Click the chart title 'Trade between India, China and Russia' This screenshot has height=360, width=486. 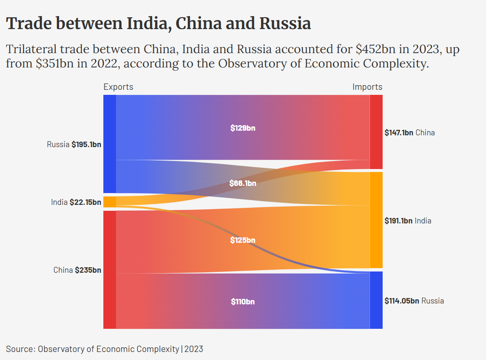pyautogui.click(x=159, y=24)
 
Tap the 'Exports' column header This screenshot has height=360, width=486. pyautogui.click(x=118, y=87)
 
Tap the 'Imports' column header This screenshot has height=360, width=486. pyautogui.click(x=367, y=87)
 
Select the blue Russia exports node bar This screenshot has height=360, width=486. pyautogui.click(x=109, y=144)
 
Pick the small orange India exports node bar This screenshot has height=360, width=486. pyautogui.click(x=109, y=202)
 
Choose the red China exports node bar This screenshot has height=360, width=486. pyautogui.click(x=109, y=269)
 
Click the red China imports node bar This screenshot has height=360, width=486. pyautogui.click(x=376, y=132)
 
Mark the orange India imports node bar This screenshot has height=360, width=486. pyautogui.click(x=376, y=220)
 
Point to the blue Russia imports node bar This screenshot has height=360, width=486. pyautogui.click(x=376, y=300)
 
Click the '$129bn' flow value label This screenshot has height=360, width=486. pyautogui.click(x=243, y=128)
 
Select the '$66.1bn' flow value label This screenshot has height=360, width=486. pyautogui.click(x=243, y=183)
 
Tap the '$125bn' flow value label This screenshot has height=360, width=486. pyautogui.click(x=243, y=240)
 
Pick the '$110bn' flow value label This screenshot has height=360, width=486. pyautogui.click(x=243, y=302)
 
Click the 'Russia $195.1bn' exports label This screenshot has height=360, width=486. pyautogui.click(x=74, y=145)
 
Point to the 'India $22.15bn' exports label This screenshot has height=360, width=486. pyautogui.click(x=76, y=202)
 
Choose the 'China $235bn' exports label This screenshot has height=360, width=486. pyautogui.click(x=77, y=270)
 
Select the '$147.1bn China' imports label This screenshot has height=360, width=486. pyautogui.click(x=409, y=133)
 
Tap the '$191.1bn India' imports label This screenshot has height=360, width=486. pyautogui.click(x=408, y=220)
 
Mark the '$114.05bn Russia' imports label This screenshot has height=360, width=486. pyautogui.click(x=414, y=301)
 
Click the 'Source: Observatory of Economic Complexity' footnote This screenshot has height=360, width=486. pyautogui.click(x=105, y=349)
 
